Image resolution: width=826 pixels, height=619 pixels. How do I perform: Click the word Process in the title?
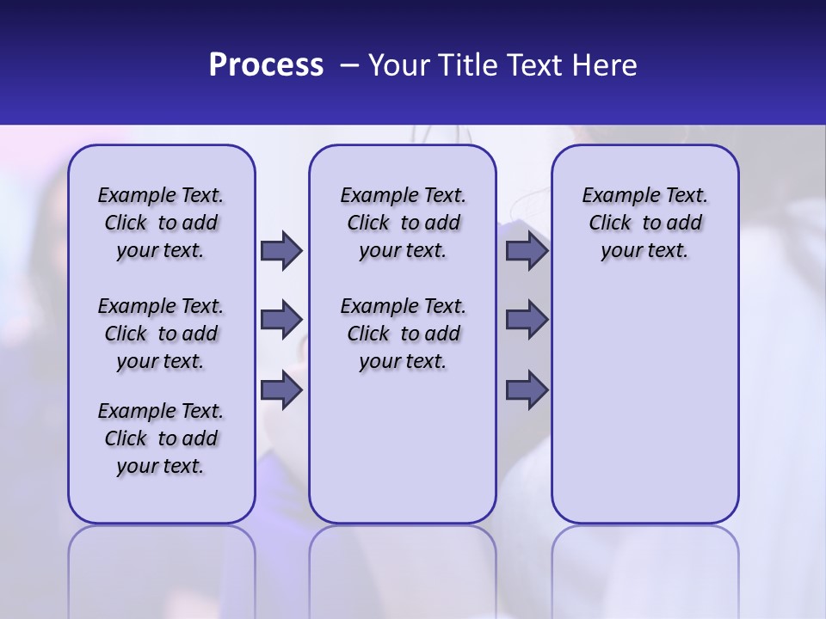pos(266,65)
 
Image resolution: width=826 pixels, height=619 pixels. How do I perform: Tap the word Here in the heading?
pos(604,65)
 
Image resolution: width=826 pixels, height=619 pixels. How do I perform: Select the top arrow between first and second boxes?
pos(281,251)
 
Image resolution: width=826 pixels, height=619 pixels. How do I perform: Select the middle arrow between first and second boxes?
pos(281,320)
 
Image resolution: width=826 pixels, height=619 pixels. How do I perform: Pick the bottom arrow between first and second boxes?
pos(281,390)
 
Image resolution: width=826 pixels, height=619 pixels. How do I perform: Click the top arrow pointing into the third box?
pos(527,251)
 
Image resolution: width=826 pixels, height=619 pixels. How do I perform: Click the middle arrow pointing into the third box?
pos(527,320)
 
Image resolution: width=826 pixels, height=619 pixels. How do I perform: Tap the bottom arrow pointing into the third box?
pos(527,390)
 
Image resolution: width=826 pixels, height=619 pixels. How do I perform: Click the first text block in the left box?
pos(161,223)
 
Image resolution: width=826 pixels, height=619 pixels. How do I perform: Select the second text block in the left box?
pos(161,334)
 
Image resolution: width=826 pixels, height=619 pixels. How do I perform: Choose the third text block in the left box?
pos(161,438)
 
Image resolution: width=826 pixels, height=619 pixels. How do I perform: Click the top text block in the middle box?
pos(403,223)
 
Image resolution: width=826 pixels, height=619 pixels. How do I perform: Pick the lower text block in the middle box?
pos(403,334)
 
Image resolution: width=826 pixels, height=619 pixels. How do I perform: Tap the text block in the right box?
pos(644,223)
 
